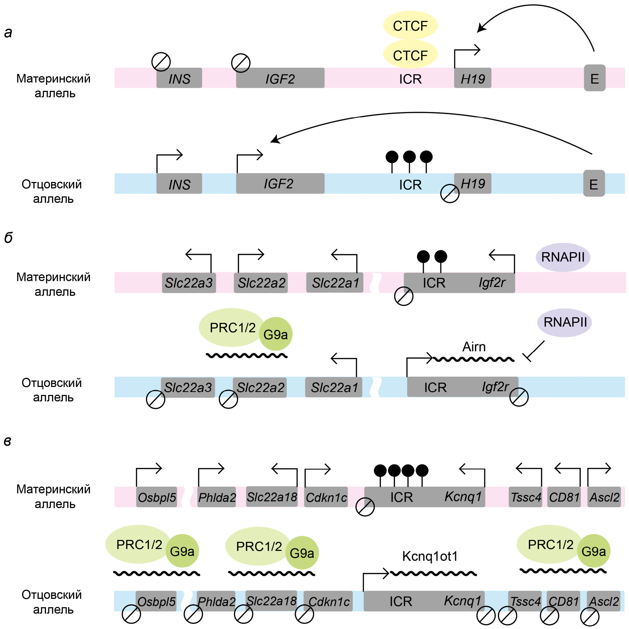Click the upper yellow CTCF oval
(410, 25)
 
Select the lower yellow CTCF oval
(410, 55)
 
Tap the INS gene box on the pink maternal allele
(179, 78)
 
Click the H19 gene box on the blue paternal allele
(473, 183)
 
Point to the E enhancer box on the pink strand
(595, 78)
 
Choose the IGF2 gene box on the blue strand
(280, 183)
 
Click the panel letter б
(8, 238)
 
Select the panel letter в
(7, 441)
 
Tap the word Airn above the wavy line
(474, 347)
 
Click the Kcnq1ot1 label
(430, 556)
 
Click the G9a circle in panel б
(276, 334)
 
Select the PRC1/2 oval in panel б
(232, 327)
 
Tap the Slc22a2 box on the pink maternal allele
(261, 283)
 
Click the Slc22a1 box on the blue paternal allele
(334, 387)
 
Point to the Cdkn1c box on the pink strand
(326, 497)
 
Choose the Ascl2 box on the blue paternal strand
(604, 601)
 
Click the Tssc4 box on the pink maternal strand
(526, 497)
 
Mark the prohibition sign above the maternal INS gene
(161, 62)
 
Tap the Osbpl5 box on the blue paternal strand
(156, 601)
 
